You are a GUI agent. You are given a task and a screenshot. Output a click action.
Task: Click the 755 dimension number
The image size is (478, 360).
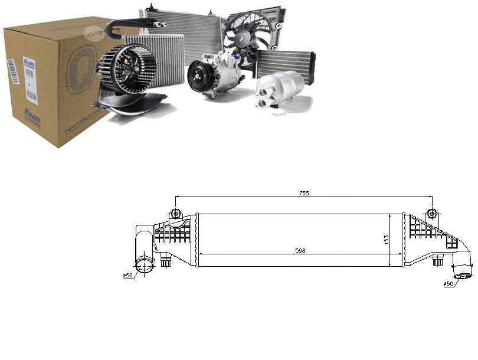(x=303, y=193)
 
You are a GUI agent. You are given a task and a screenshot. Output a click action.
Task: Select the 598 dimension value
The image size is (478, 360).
(x=300, y=251)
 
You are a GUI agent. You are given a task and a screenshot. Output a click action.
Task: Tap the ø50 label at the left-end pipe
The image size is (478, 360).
(x=127, y=276)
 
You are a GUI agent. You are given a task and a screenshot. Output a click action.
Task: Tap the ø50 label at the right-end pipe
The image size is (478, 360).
(x=449, y=284)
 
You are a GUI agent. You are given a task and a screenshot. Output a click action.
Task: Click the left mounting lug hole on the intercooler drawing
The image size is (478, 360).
(x=175, y=213)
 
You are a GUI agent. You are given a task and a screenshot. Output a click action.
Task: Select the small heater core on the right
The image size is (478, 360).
(x=285, y=63)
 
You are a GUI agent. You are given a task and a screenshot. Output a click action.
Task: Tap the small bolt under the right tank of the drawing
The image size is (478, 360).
(x=437, y=261)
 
